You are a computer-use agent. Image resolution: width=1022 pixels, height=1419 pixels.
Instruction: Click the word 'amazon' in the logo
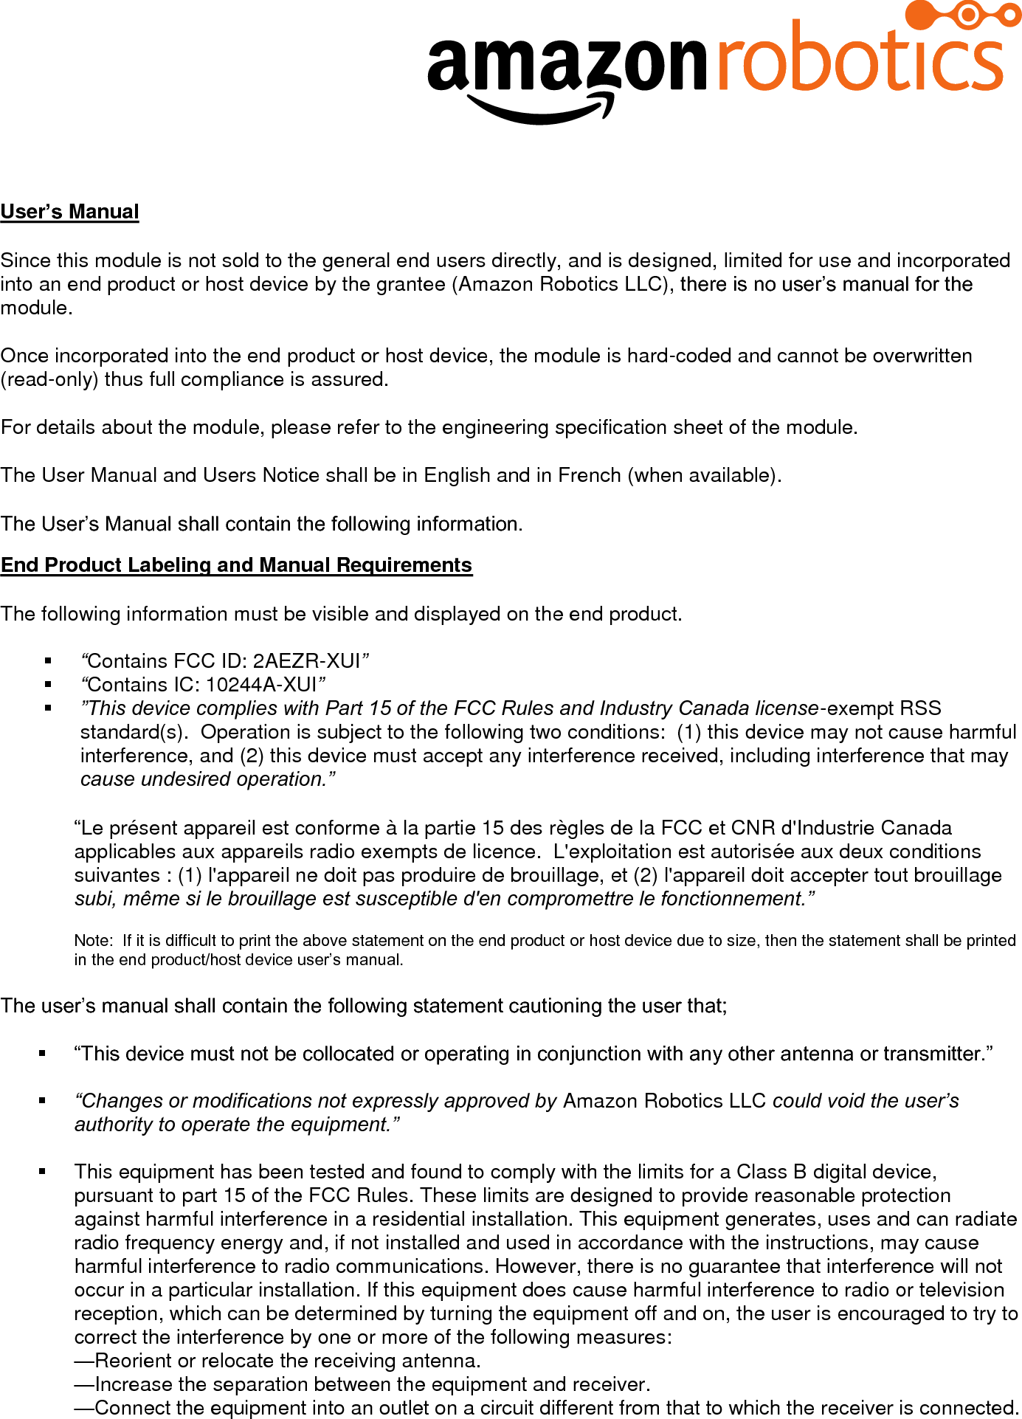(x=567, y=64)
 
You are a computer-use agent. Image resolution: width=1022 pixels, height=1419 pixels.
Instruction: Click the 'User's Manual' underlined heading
(x=70, y=212)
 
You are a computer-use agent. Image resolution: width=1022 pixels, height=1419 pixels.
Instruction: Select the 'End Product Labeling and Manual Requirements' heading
(x=236, y=565)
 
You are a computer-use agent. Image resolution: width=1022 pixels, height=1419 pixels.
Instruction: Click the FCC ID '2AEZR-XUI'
(x=306, y=660)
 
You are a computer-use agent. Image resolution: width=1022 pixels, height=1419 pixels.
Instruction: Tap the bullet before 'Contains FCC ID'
(x=49, y=660)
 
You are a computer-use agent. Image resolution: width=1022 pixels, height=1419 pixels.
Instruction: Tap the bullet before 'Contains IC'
(x=49, y=684)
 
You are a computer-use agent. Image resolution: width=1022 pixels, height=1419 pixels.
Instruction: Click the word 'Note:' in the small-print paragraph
(x=93, y=940)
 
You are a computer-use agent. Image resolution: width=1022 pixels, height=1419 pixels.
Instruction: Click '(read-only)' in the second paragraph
(x=49, y=379)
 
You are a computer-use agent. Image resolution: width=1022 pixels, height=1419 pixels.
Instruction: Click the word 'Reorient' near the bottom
(x=134, y=1361)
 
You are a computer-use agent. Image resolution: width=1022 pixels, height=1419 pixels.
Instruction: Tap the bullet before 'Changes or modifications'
(x=43, y=1100)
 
